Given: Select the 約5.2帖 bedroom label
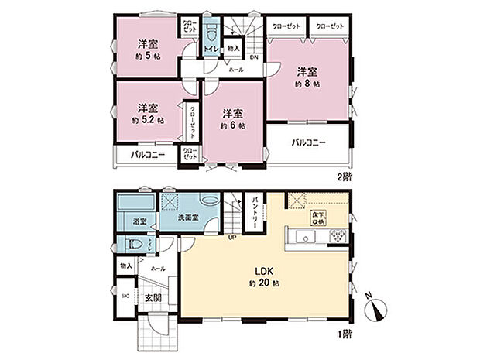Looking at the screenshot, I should tap(147, 114).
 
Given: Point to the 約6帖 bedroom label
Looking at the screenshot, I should tap(231, 118).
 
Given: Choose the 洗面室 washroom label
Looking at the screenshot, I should tap(190, 218).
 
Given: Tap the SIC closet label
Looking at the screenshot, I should tap(125, 296).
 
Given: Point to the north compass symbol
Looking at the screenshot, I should tap(378, 307).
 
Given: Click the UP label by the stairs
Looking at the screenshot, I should tap(231, 238).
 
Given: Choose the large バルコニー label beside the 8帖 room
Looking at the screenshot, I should tap(308, 142).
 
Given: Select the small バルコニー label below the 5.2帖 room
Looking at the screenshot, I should tap(146, 155).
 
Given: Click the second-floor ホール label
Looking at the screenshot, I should tap(235, 70).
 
